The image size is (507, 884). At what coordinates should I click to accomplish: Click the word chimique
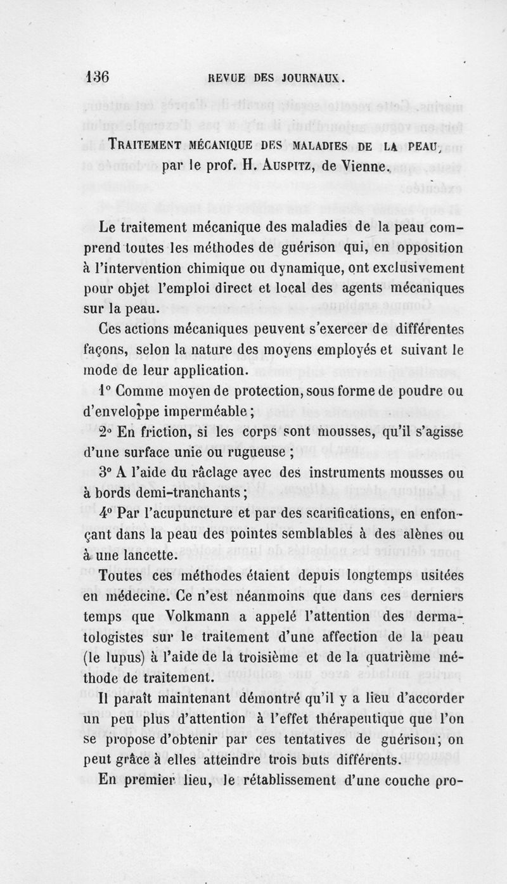[x=221, y=268]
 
